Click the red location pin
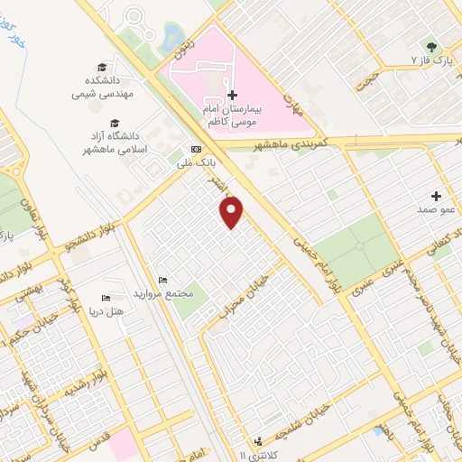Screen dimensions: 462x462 (x=232, y=212)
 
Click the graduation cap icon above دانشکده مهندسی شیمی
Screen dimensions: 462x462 (x=102, y=68)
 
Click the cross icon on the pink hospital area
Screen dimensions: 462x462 (x=232, y=95)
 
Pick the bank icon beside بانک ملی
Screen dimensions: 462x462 (x=196, y=150)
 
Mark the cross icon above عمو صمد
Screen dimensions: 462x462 (x=437, y=196)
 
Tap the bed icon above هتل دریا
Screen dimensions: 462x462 (x=106, y=299)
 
